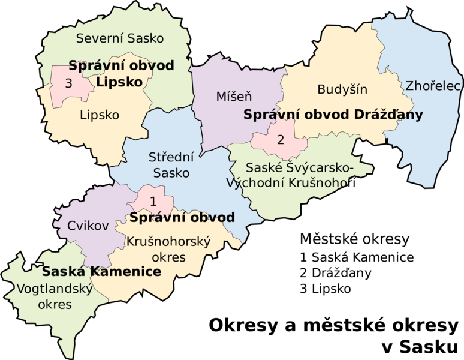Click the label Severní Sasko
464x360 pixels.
pyautogui.click(x=120, y=38)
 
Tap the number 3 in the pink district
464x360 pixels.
pyautogui.click(x=68, y=84)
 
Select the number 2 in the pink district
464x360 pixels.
pyautogui.click(x=280, y=140)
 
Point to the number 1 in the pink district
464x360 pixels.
pyautogui.click(x=153, y=201)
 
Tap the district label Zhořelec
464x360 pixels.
pyautogui.click(x=432, y=86)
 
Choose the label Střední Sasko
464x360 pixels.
pyautogui.click(x=171, y=165)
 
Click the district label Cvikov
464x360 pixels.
pyautogui.click(x=88, y=226)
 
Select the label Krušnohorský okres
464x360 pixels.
pyautogui.click(x=168, y=250)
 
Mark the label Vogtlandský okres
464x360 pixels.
pyautogui.click(x=54, y=296)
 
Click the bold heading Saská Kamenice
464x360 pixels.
pyautogui.click(x=101, y=272)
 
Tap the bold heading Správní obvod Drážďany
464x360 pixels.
pyautogui.click(x=333, y=115)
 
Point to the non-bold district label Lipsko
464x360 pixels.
pyautogui.click(x=100, y=115)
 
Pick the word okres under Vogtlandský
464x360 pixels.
pyautogui.click(x=55, y=305)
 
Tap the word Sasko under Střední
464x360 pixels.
pyautogui.click(x=171, y=173)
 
